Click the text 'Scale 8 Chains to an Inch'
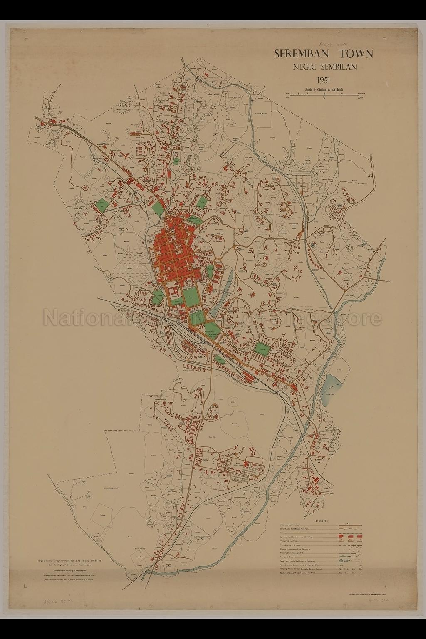[x=323, y=89]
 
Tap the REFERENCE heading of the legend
[x=321, y=521]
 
